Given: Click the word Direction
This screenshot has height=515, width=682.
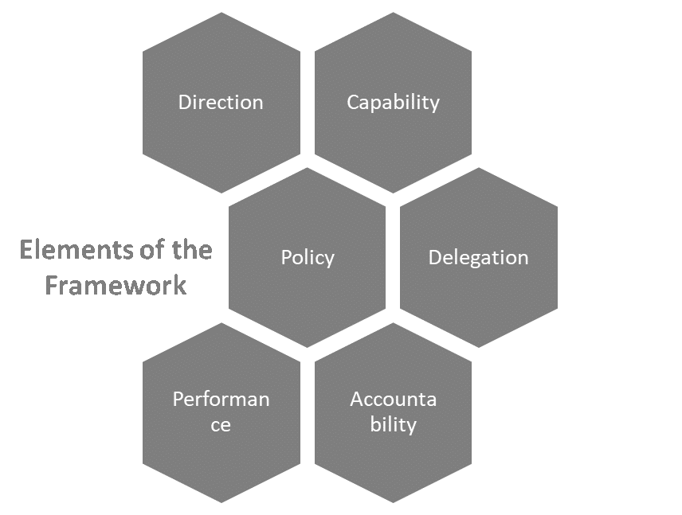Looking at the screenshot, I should (221, 103).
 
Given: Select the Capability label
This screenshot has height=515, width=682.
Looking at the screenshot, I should (393, 103).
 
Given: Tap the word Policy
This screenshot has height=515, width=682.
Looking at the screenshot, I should (307, 258).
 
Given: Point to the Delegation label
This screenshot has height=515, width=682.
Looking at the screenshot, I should (478, 258).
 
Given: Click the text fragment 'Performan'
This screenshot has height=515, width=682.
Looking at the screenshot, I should (221, 399).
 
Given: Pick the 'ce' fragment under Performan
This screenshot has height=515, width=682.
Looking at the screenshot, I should (221, 424).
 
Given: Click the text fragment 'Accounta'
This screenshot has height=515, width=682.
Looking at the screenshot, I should (393, 399).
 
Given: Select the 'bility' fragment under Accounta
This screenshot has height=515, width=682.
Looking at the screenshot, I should (393, 424).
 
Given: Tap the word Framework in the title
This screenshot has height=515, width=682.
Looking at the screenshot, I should (116, 285).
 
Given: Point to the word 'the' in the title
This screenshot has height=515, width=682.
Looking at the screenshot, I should (192, 250).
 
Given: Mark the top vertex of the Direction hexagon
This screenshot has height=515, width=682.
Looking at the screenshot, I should (221, 11).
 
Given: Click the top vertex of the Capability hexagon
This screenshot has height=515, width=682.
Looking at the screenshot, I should (393, 11).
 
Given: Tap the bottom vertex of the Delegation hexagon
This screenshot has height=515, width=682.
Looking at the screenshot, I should (478, 348).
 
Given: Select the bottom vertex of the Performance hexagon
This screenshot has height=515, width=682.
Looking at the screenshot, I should (221, 503).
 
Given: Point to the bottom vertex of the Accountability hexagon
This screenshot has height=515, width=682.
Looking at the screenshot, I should (393, 503).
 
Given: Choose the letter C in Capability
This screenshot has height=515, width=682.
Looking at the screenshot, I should (352, 103).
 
